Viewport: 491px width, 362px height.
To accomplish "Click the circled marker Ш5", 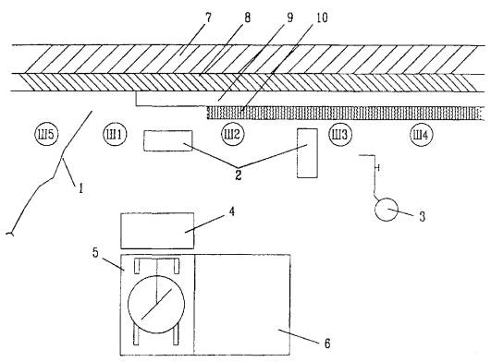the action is click(46, 135).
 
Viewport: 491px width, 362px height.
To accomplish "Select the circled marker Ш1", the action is click(115, 135).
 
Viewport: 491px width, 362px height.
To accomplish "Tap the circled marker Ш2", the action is click(233, 135).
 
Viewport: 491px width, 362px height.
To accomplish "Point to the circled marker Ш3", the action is click(340, 135).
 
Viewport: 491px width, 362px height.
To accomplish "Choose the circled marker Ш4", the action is click(422, 135).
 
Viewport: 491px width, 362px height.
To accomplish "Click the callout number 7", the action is click(208, 18).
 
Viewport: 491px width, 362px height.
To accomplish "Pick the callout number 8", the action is click(248, 18).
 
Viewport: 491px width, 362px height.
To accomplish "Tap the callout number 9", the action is click(290, 18).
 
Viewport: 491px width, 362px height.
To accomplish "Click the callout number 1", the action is click(80, 188).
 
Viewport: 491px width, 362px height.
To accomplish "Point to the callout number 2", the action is click(239, 175).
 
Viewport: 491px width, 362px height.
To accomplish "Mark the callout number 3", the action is click(422, 216).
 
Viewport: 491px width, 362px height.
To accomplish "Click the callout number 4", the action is click(232, 211).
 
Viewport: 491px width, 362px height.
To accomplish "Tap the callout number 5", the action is click(95, 253).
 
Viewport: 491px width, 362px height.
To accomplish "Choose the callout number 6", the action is click(327, 344).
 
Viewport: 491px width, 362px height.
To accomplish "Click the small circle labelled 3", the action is click(387, 210).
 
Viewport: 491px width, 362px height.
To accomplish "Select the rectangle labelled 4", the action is click(157, 231).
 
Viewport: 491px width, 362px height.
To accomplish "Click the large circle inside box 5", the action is click(156, 304).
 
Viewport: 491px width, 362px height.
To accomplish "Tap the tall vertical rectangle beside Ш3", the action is click(307, 153).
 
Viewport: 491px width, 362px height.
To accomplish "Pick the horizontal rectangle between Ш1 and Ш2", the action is click(168, 141).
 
